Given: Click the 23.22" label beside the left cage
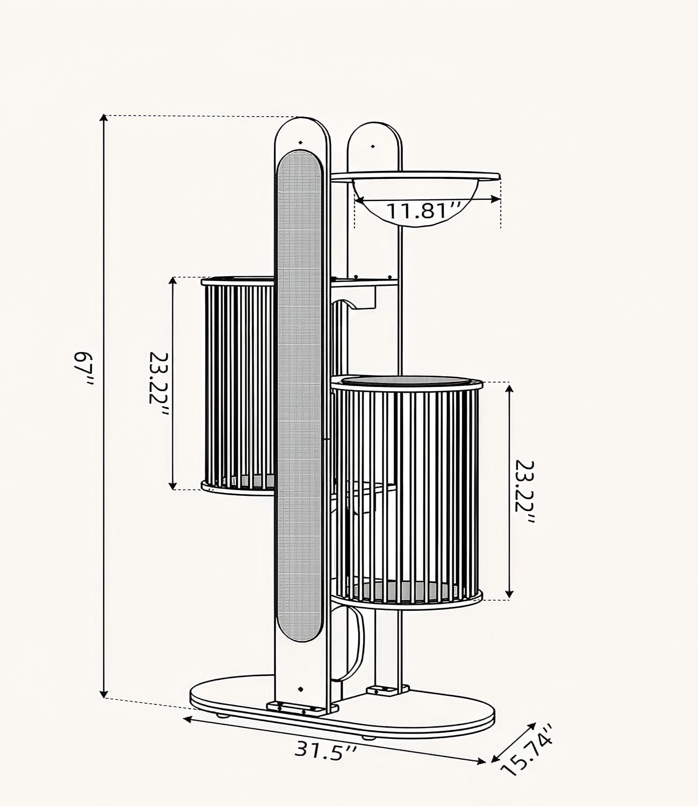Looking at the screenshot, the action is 159,384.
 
